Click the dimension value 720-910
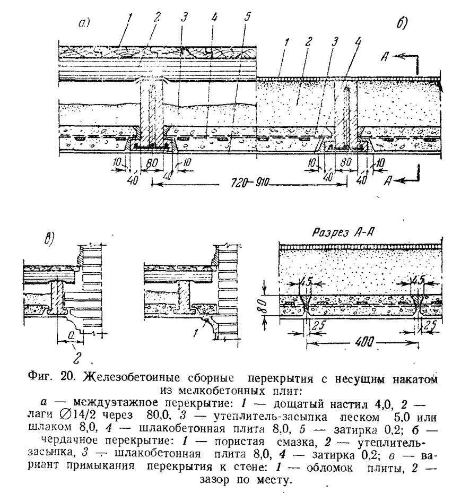point(250,183)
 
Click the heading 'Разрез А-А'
point(343,232)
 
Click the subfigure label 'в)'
point(49,238)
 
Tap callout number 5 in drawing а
point(247,16)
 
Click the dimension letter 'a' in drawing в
point(71,336)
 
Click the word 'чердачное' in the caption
point(69,440)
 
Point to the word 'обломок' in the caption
point(329,468)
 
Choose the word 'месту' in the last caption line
point(275,480)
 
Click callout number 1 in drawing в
point(195,333)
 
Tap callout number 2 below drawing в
point(78,358)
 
